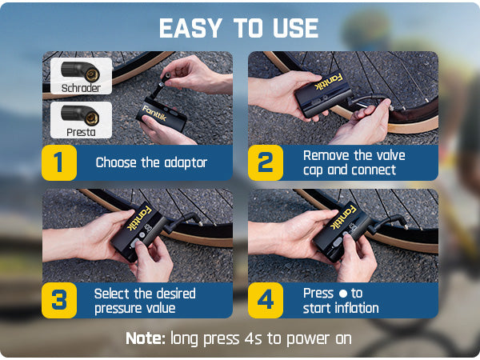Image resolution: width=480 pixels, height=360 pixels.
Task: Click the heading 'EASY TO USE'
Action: [x=238, y=28]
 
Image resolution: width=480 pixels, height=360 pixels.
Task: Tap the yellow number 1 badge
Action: [x=59, y=162]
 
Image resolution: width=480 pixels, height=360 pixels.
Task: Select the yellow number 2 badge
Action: [x=266, y=162]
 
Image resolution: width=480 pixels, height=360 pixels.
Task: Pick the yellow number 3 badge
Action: [x=59, y=300]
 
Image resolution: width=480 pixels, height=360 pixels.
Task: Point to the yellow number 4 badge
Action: [x=266, y=300]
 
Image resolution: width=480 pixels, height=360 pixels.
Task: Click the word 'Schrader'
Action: [x=81, y=88]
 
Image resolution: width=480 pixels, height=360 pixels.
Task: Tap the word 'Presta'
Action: [x=81, y=132]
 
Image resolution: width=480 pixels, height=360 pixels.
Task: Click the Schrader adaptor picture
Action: [x=81, y=71]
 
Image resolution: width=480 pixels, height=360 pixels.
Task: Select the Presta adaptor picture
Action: [x=80, y=115]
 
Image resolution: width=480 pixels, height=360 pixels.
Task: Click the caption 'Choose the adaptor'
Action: [x=151, y=162]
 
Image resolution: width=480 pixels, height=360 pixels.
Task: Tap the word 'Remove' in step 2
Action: [x=322, y=155]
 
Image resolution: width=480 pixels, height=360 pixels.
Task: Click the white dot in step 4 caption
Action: [x=343, y=294]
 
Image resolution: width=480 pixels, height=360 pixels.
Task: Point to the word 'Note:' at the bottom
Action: [x=146, y=338]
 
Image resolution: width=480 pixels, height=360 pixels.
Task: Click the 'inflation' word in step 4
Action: [x=357, y=308]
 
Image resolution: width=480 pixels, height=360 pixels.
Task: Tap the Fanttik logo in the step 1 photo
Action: [x=154, y=113]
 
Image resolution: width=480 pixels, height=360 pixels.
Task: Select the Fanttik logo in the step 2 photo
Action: [x=329, y=82]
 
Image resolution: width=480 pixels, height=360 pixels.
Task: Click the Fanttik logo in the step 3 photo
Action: [x=139, y=218]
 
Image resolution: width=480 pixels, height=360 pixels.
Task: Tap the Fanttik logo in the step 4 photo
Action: [x=343, y=218]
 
